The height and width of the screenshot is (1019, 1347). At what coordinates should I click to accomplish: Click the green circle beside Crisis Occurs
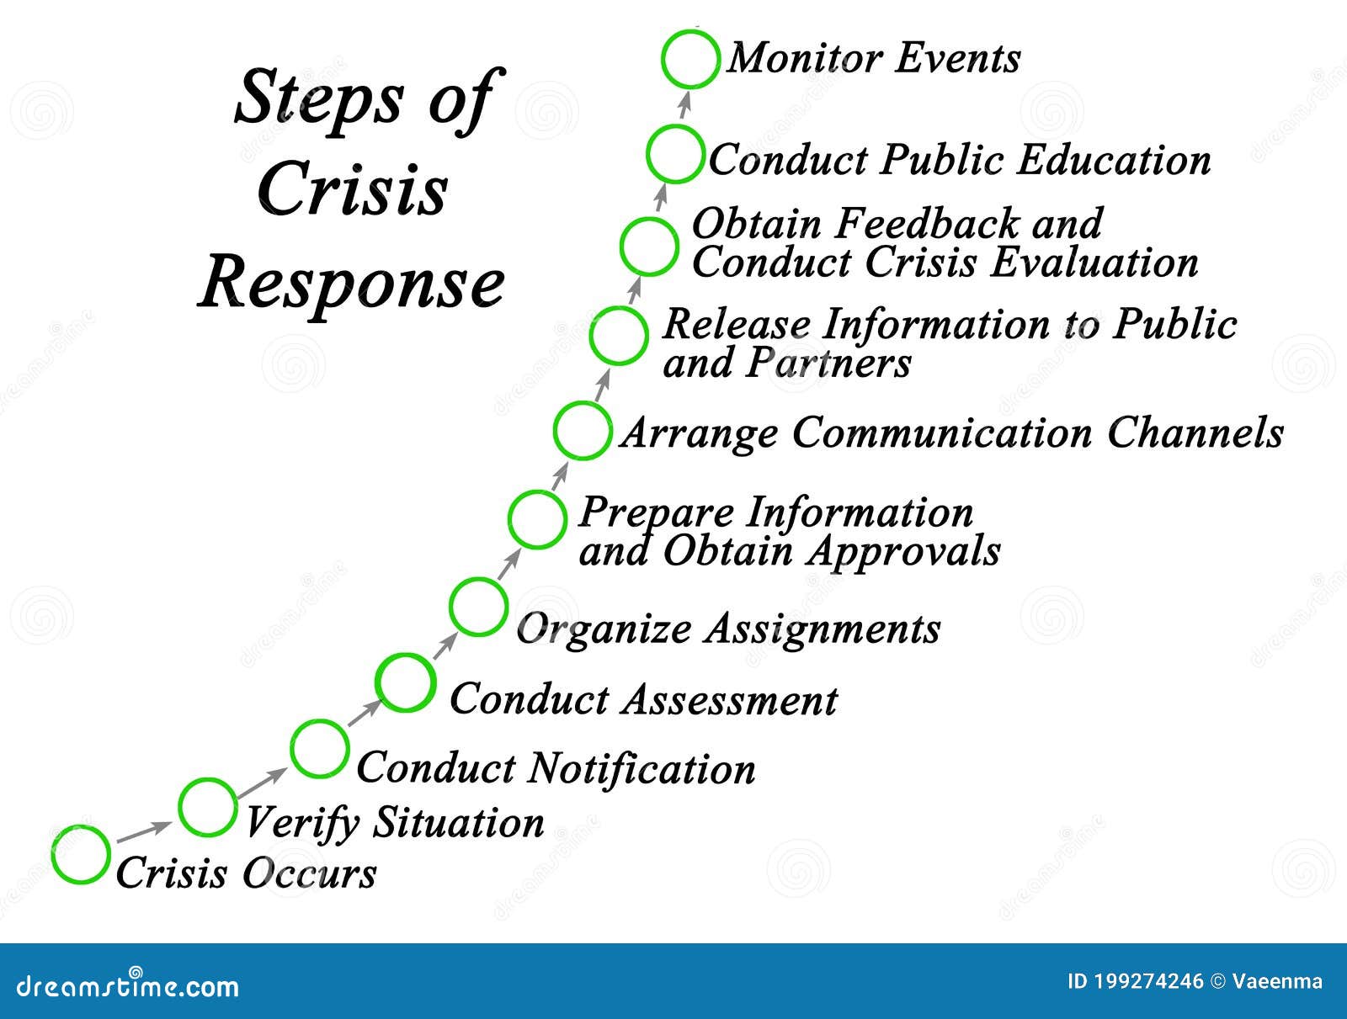[x=80, y=854]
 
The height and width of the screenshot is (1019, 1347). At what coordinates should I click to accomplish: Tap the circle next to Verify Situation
[x=207, y=807]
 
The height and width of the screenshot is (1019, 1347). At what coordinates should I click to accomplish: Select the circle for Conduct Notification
[x=319, y=748]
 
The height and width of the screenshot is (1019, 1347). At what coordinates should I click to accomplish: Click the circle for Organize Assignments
[x=478, y=606]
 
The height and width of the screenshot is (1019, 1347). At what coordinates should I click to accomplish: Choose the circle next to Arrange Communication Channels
[x=582, y=430]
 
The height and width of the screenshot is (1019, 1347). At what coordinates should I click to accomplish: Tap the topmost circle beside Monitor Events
[x=690, y=59]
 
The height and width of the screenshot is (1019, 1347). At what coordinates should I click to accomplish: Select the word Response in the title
[x=352, y=284]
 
